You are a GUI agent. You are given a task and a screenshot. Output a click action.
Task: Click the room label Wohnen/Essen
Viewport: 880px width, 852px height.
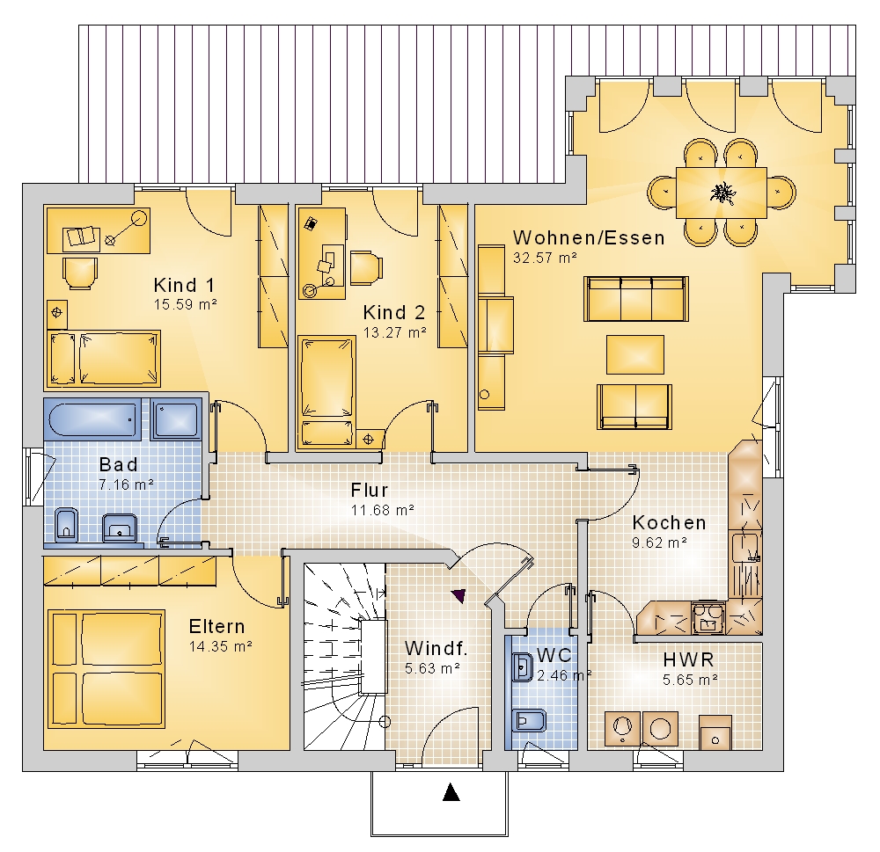589,237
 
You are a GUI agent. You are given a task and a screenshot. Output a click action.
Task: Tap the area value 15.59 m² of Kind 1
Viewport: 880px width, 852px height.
185,304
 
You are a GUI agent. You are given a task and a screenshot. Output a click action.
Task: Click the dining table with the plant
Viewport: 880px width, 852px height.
722,193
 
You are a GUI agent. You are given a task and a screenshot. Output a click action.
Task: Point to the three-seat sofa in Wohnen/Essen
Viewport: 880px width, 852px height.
636,299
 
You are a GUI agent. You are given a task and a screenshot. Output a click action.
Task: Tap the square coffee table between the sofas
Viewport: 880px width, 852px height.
635,354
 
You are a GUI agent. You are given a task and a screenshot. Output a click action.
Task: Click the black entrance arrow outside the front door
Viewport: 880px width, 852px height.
451,792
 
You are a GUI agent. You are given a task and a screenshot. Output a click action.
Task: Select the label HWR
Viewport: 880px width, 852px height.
688,659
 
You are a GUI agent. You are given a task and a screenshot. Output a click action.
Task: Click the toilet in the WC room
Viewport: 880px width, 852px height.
529,721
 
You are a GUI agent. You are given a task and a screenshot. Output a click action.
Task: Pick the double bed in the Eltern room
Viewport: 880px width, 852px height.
106,669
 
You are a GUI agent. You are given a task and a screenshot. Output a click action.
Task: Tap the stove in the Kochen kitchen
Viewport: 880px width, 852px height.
708,617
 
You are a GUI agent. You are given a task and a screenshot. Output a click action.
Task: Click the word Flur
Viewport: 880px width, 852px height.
370,491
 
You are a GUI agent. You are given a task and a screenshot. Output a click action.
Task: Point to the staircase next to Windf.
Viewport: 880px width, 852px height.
345,656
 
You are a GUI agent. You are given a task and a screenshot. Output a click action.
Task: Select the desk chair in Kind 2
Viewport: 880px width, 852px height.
366,267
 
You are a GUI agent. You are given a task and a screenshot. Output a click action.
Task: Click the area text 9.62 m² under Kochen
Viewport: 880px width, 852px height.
660,543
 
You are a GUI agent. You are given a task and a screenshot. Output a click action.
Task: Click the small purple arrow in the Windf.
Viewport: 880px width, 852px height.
459,595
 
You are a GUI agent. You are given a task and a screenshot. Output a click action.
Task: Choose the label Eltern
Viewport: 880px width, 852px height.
216,626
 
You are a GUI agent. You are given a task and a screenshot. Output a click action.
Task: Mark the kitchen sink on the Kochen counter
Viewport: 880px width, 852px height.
746,549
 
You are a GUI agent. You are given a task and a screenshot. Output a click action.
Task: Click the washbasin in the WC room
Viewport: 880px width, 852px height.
523,667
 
